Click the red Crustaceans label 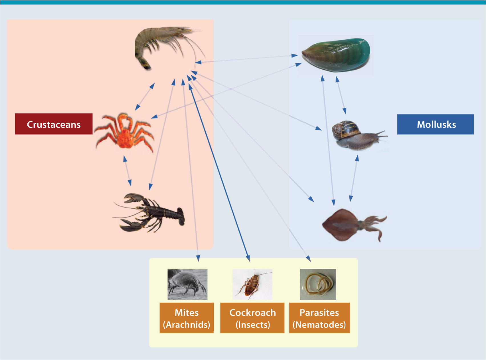(x=54, y=124)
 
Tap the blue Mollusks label (x=435, y=124)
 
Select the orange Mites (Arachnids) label (x=187, y=318)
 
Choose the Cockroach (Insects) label (x=252, y=318)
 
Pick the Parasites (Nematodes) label (x=319, y=318)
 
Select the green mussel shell (x=337, y=55)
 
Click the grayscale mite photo (x=187, y=284)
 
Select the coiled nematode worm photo (x=318, y=284)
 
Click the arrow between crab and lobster (x=127, y=171)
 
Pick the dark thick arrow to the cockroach (x=220, y=171)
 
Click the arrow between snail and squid (x=354, y=178)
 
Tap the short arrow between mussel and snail (x=341, y=95)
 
